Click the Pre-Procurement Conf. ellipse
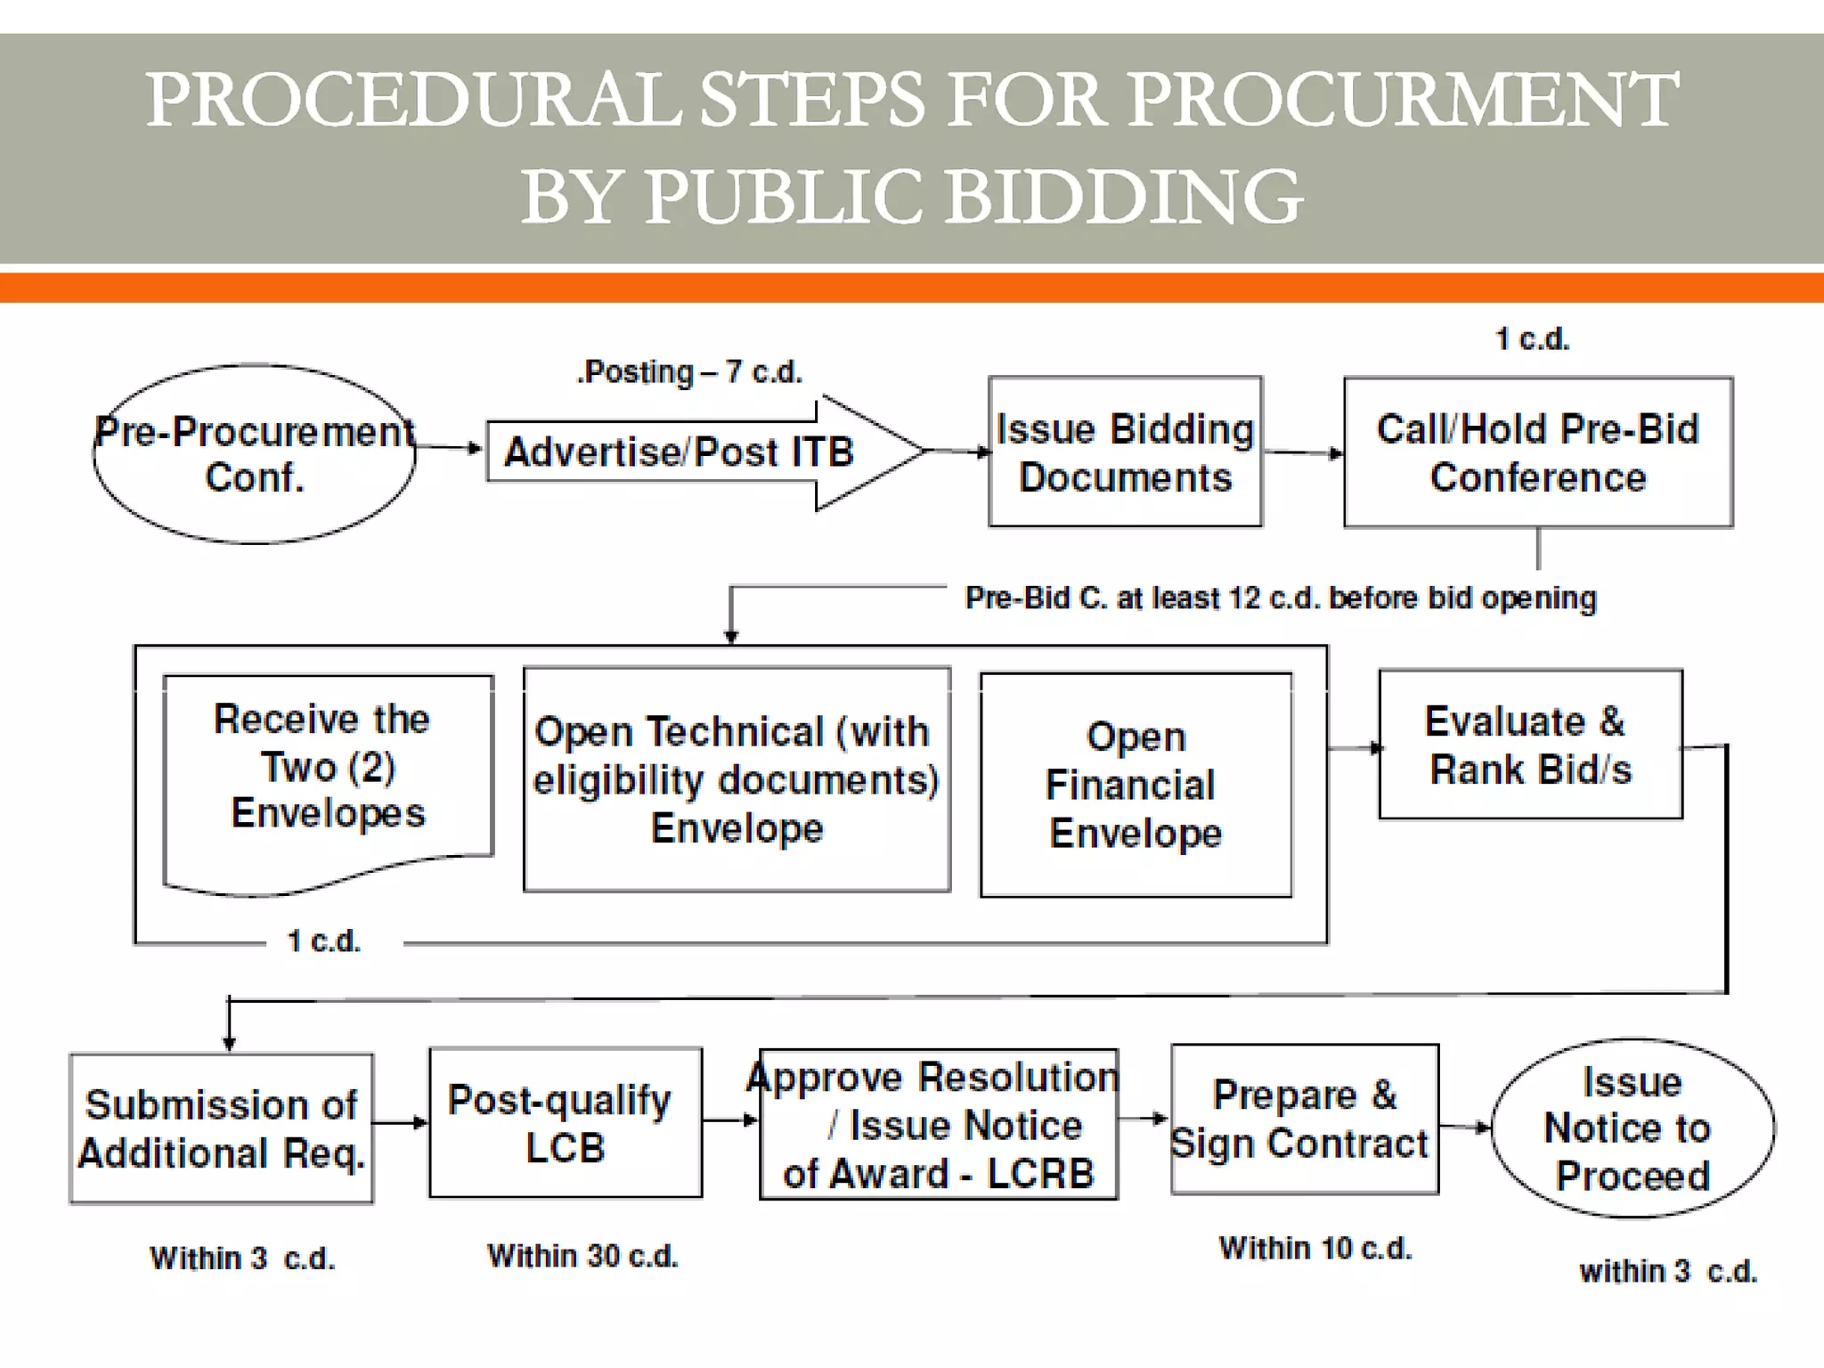tap(254, 453)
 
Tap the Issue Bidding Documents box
tap(1125, 452)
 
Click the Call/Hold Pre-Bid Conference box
tap(1538, 452)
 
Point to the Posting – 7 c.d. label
tap(690, 372)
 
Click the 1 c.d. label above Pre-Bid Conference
tap(1532, 339)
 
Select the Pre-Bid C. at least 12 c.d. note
tap(1281, 598)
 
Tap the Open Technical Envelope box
tap(737, 779)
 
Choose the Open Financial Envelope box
tap(1136, 785)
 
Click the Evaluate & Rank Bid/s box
tap(1530, 745)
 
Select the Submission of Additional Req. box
tap(221, 1128)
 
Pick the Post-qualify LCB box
tap(565, 1123)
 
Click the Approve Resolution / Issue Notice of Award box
tap(938, 1125)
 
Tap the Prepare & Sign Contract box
tap(1304, 1120)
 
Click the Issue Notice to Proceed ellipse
tap(1632, 1128)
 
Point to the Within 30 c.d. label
tap(582, 1256)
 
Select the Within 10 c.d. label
tap(1315, 1249)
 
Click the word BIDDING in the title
tap(1124, 197)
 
